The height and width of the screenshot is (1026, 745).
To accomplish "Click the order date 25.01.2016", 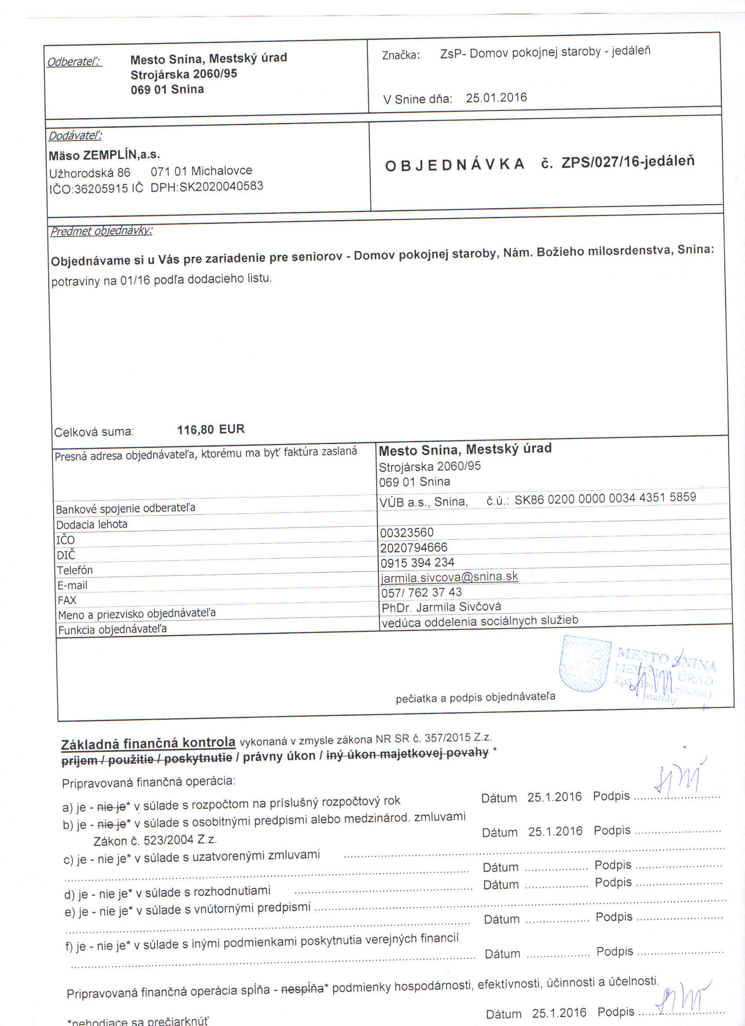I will click(496, 98).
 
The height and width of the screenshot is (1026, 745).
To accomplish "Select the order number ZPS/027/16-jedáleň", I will click(627, 162).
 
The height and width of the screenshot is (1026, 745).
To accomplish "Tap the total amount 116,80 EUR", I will click(211, 429).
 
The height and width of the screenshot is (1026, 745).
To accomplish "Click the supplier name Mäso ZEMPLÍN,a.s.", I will click(105, 155).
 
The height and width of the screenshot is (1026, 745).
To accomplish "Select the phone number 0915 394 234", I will click(417, 562).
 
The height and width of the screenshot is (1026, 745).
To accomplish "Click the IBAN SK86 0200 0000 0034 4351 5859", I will click(605, 498).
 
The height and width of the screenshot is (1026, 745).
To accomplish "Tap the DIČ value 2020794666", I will click(413, 547).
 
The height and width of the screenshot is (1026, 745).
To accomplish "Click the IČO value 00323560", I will click(407, 532).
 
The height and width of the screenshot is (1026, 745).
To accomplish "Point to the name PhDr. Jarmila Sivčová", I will click(441, 607).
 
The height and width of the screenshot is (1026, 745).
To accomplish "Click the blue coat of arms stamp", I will click(584, 663).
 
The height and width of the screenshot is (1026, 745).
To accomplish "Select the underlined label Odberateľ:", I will click(74, 61).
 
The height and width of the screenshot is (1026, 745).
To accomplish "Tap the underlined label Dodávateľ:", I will click(75, 135).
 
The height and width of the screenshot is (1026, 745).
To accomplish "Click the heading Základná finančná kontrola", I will click(148, 743).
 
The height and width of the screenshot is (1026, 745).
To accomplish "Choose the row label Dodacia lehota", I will click(91, 524).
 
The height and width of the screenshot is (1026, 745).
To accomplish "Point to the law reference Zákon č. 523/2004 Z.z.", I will click(155, 841).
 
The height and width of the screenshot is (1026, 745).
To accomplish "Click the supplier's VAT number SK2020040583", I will click(221, 186).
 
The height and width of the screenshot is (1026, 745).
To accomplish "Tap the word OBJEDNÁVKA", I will click(455, 165).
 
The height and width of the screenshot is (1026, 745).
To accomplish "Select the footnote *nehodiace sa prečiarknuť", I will click(137, 1021).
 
